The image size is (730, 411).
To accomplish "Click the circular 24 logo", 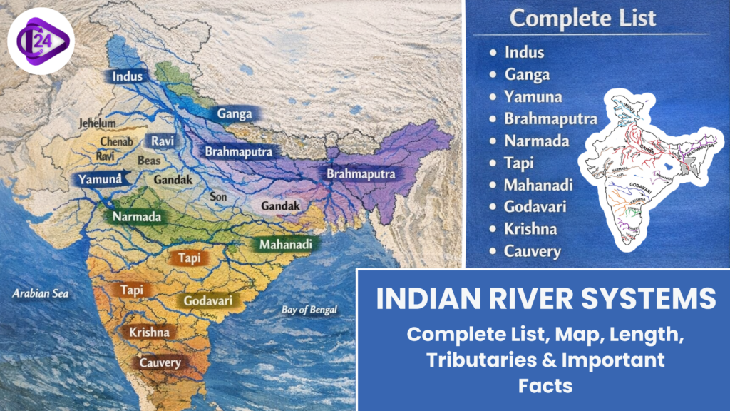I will tap(41, 41).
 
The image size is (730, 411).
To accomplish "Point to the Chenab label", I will tap(115, 141).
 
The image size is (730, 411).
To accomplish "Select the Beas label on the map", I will tap(149, 161).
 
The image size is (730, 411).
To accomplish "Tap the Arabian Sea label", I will tap(40, 293).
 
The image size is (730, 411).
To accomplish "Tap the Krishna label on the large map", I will tap(149, 332).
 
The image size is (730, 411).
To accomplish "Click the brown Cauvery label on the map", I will tap(160, 362).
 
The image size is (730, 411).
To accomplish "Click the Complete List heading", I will tap(582, 18).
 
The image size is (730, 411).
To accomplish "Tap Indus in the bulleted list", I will tap(524, 52).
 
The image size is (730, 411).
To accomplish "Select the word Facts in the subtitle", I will tap(545, 385).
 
